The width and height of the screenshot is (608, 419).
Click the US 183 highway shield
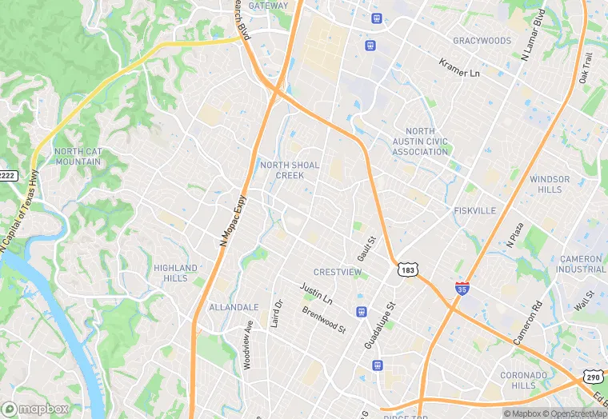tap(408, 270)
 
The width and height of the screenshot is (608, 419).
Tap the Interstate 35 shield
tap(462, 288)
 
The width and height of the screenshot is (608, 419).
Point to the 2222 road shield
tap(7, 175)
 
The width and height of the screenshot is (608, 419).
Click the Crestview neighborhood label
tap(337, 272)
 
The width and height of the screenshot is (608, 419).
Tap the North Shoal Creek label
tap(290, 170)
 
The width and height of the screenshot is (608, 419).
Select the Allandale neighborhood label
tap(234, 307)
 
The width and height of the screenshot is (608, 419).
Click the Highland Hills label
tap(175, 273)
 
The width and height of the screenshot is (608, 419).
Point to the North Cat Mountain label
tap(78, 156)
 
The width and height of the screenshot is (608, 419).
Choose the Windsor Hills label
tap(550, 184)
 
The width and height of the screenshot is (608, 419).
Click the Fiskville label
tap(475, 210)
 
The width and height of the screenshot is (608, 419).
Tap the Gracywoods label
tap(482, 40)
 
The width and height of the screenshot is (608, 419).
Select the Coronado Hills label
tap(524, 380)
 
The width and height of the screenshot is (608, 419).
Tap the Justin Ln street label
tap(316, 292)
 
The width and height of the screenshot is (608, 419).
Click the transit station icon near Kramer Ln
tap(370, 45)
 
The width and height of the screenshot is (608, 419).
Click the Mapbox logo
tap(35, 409)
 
